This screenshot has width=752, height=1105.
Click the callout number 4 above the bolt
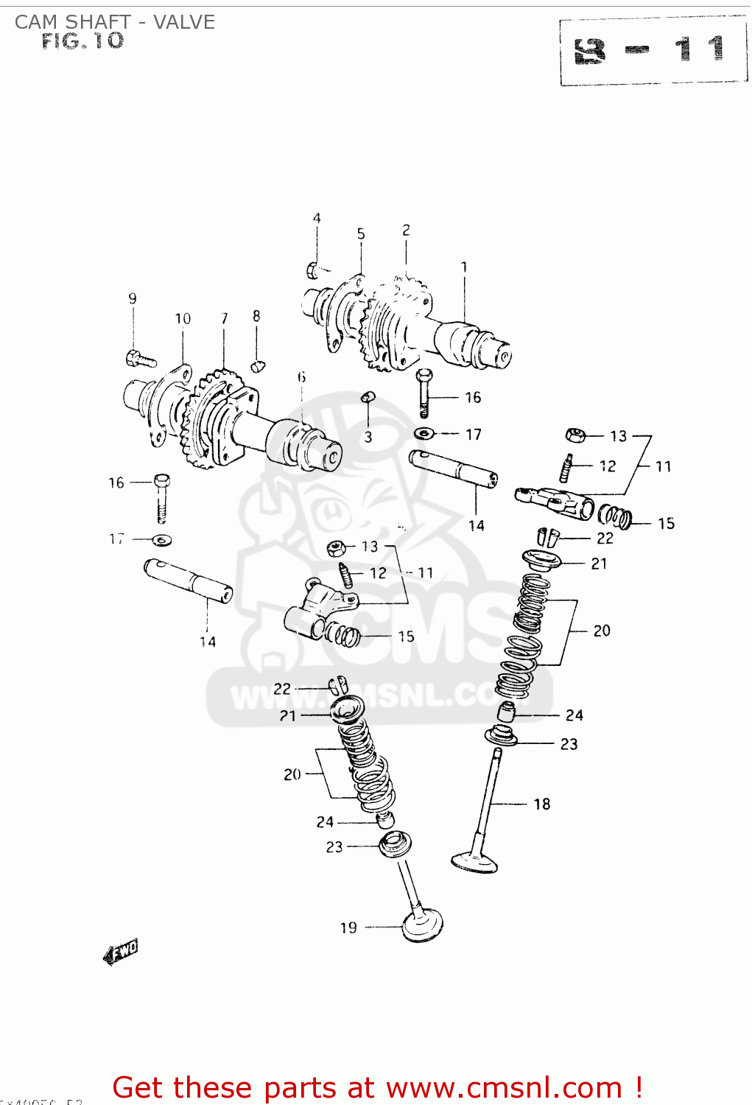click(x=317, y=218)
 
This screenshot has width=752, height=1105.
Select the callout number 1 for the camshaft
click(x=464, y=267)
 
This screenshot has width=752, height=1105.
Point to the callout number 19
click(x=348, y=927)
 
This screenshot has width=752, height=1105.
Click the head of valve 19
click(x=423, y=925)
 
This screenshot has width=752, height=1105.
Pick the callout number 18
click(x=542, y=804)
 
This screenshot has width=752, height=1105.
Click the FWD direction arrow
click(x=121, y=952)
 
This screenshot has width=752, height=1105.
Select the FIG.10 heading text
click(x=82, y=41)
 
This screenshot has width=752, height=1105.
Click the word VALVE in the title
click(x=184, y=22)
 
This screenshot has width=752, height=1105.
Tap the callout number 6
click(x=302, y=377)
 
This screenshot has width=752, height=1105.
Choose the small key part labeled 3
click(x=368, y=398)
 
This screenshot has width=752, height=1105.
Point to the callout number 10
click(x=183, y=318)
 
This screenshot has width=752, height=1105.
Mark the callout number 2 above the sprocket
click(x=406, y=231)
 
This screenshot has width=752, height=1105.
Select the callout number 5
click(x=361, y=234)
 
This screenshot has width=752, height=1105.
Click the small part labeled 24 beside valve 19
click(x=384, y=820)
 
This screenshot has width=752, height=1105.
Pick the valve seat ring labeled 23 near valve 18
click(x=501, y=734)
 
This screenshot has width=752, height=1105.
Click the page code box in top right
click(x=653, y=51)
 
